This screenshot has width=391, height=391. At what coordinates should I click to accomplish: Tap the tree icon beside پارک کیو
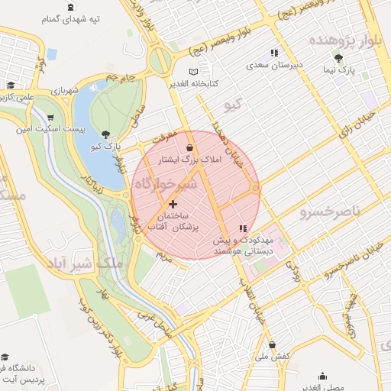[x=105, y=134]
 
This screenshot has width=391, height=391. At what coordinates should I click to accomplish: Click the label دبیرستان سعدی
[x=274, y=66]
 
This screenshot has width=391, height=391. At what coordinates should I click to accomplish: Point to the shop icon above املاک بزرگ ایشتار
[x=189, y=147]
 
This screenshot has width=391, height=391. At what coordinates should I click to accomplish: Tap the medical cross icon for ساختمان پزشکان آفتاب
[x=173, y=204]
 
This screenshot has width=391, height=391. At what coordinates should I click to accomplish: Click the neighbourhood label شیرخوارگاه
[x=165, y=185]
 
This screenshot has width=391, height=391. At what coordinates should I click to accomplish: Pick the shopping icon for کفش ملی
[x=272, y=344]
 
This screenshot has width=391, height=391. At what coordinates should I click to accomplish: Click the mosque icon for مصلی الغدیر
[x=323, y=376]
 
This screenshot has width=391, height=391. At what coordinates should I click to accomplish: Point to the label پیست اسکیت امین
[x=48, y=131]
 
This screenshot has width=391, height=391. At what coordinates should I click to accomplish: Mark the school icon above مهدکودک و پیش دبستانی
[x=243, y=228]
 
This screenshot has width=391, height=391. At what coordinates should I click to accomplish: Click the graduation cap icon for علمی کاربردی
[x=11, y=86]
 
